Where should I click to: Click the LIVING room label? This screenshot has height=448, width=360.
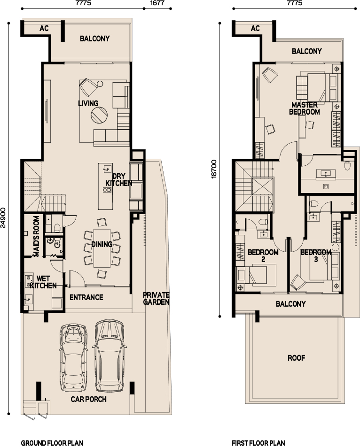(x=88, y=103)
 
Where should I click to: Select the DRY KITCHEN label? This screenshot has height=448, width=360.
(x=118, y=180)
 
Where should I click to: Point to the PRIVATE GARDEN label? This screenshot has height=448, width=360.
(x=156, y=299)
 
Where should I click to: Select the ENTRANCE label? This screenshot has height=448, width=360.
(x=86, y=297)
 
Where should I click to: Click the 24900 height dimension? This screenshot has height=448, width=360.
(x=4, y=217)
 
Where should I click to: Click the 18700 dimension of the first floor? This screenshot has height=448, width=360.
(x=214, y=169)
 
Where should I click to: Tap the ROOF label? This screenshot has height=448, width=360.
(x=297, y=358)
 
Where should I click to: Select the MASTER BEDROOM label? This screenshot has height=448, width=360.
(x=304, y=108)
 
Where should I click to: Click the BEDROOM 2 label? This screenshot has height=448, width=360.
(x=263, y=255)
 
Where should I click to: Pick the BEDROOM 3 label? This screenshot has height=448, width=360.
(x=316, y=255)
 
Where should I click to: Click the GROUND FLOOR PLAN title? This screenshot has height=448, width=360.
(x=52, y=443)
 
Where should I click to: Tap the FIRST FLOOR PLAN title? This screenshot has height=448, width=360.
(x=258, y=443)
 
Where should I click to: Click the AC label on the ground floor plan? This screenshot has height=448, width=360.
(x=44, y=29)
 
